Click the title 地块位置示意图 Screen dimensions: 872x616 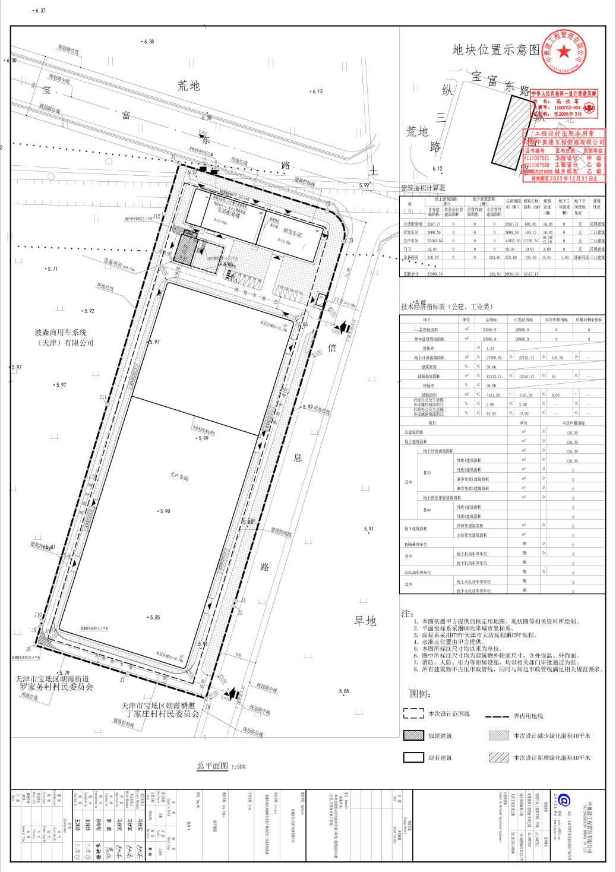tap(496, 50)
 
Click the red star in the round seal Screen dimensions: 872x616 tap(564, 52)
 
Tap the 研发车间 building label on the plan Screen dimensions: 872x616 tap(292, 233)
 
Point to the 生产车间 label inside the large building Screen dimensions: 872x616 tap(179, 476)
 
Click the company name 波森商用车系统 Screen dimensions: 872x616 tap(61, 333)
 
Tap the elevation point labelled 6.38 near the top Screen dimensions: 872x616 tap(148, 42)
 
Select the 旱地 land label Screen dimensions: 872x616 tap(365, 621)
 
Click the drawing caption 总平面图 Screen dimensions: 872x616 tap(213, 766)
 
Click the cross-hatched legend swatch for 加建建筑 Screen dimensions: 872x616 tap(413, 735)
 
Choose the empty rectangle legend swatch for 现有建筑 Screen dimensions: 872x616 tap(413, 757)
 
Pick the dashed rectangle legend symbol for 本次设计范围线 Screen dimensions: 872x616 tap(413, 713)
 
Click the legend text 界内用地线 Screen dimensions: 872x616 tap(528, 716)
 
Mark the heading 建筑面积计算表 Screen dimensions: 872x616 tap(423, 188)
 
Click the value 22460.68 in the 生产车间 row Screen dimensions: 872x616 tap(434, 241)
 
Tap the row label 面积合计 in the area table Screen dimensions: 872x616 tap(411, 274)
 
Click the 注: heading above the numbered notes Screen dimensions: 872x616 tap(407, 613)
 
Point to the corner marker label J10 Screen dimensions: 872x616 tap(38, 615)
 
